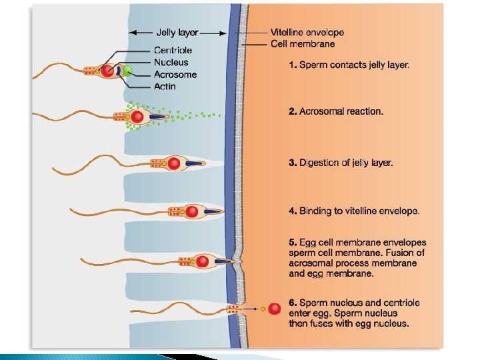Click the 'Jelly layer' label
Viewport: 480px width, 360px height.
pos(177,32)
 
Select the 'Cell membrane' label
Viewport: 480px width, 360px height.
pos(303,44)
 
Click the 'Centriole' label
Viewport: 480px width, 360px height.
pos(173,50)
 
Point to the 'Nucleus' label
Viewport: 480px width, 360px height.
pos(171,62)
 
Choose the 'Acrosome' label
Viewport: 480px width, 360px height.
pos(175,74)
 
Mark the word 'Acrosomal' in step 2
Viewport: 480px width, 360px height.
pos(321,111)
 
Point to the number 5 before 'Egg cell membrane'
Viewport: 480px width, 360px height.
pos(292,243)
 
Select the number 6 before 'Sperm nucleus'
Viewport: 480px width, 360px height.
pos(292,303)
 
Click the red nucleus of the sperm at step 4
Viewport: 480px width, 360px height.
pos(192,212)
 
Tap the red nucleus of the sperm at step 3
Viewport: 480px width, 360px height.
pos(175,163)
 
